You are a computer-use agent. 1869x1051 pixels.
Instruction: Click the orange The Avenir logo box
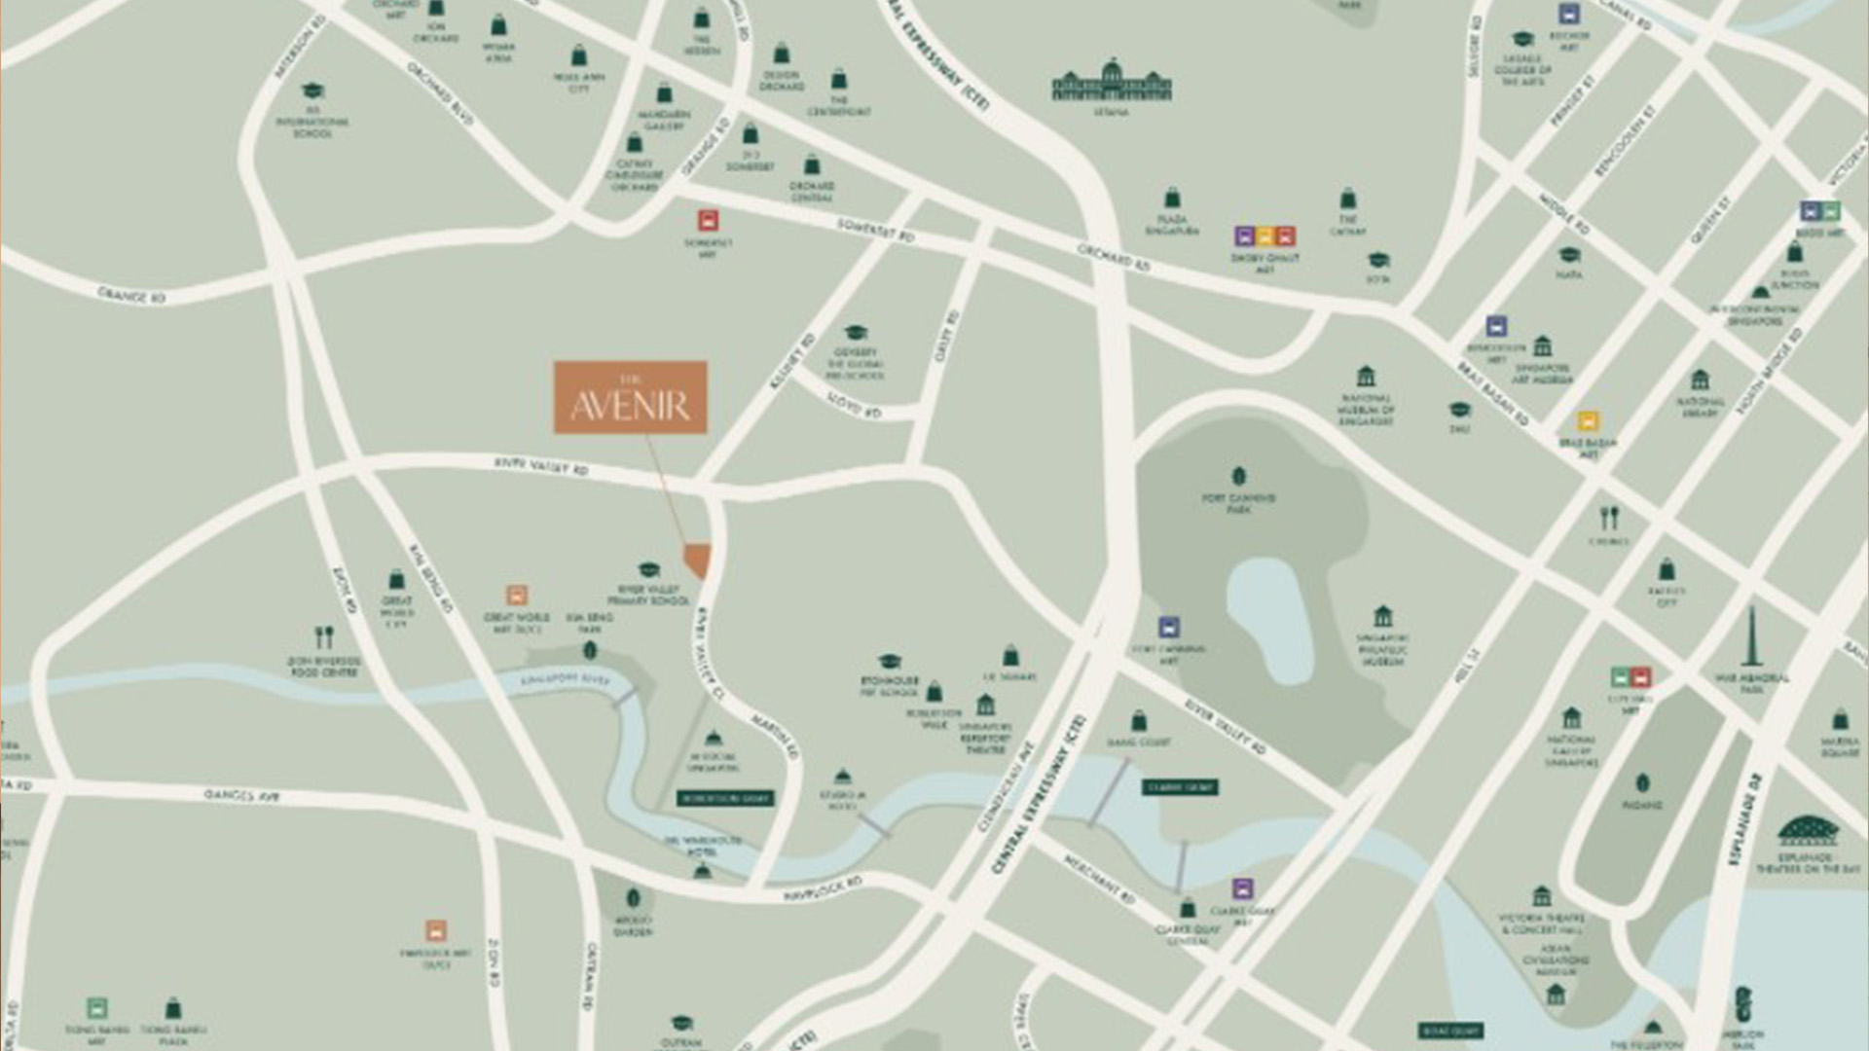coord(631,397)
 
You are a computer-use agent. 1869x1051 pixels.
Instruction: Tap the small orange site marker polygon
coord(698,560)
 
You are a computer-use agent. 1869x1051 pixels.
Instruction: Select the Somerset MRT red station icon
coord(708,220)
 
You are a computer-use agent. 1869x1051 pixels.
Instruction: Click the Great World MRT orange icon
coord(517,595)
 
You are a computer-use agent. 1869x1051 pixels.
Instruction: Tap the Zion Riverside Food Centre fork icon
coord(324,637)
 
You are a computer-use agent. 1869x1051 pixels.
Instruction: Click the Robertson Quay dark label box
coord(725,798)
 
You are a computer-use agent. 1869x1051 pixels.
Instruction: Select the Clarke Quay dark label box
coord(1180,786)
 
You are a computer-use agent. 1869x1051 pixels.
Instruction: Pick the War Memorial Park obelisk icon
coord(1750,637)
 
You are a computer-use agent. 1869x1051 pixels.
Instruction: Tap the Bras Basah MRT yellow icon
coord(1588,421)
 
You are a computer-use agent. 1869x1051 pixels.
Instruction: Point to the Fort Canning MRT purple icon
coord(1169,627)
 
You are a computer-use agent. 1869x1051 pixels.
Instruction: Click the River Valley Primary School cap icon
coord(649,569)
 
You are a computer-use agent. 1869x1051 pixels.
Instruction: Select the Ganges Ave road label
coord(241,795)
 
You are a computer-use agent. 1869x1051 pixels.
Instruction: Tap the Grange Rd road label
coord(131,295)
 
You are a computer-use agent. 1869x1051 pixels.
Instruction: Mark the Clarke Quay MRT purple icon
coord(1241,888)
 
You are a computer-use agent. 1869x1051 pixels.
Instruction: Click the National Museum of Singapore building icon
coord(1366,376)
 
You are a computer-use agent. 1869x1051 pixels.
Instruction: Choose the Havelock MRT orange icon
coord(436,930)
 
